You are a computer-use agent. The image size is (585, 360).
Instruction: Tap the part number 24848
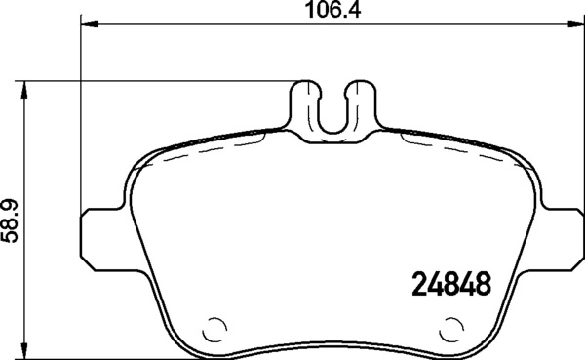click(446, 285)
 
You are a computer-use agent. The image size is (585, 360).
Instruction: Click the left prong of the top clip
click(306, 102)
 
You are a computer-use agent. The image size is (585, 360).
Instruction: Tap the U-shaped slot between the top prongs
click(334, 112)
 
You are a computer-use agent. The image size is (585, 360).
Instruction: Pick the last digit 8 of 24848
click(480, 285)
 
